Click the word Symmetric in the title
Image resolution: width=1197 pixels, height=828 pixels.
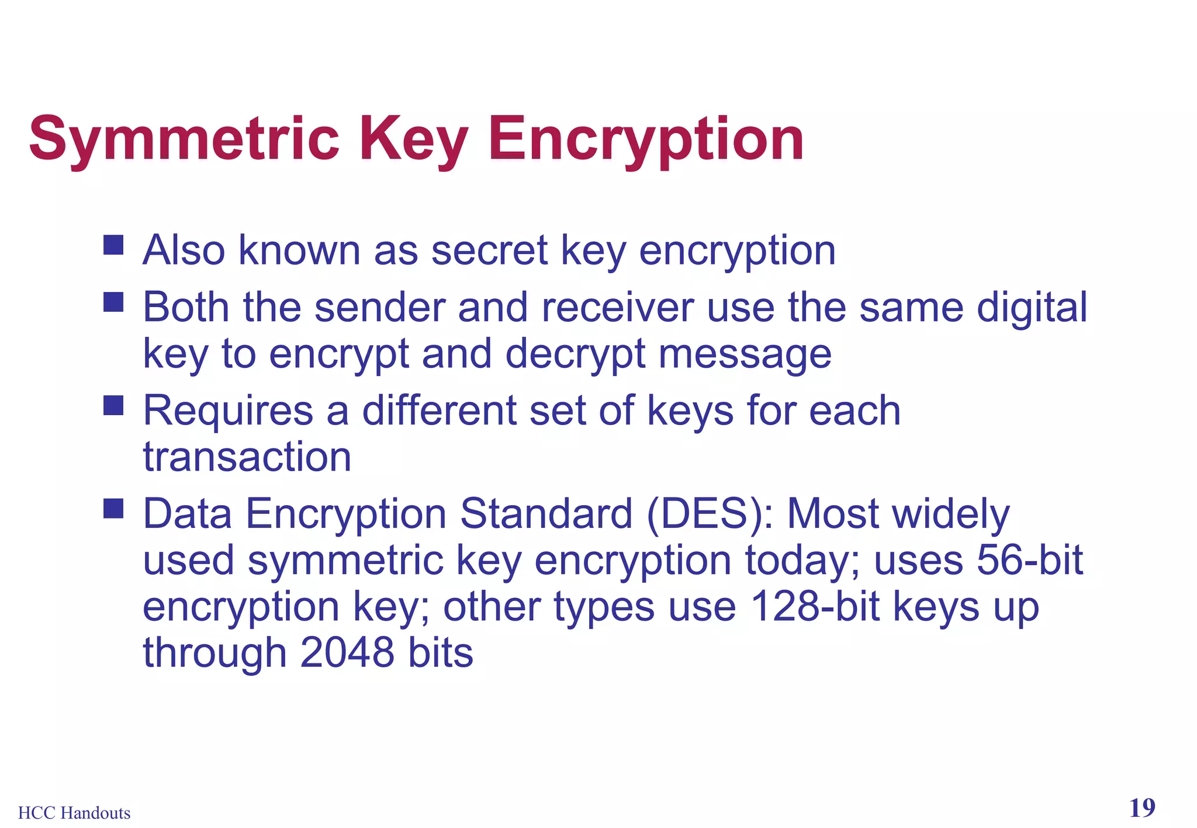[184, 140]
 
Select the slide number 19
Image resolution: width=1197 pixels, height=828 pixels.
[1141, 808]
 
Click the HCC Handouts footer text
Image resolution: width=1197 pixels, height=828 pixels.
[74, 813]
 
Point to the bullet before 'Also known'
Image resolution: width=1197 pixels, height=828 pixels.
[113, 245]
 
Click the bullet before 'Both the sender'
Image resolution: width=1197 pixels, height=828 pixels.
[113, 302]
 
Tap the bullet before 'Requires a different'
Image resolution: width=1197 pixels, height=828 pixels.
[113, 405]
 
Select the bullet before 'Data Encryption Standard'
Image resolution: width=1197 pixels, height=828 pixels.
[113, 509]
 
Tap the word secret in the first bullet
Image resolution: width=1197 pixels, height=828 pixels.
[489, 251]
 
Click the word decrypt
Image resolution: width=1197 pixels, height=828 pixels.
[575, 354]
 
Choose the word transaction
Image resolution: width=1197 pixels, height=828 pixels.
[247, 457]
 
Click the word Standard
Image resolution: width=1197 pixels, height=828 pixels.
[546, 514]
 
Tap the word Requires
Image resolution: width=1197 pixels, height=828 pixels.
[228, 410]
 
